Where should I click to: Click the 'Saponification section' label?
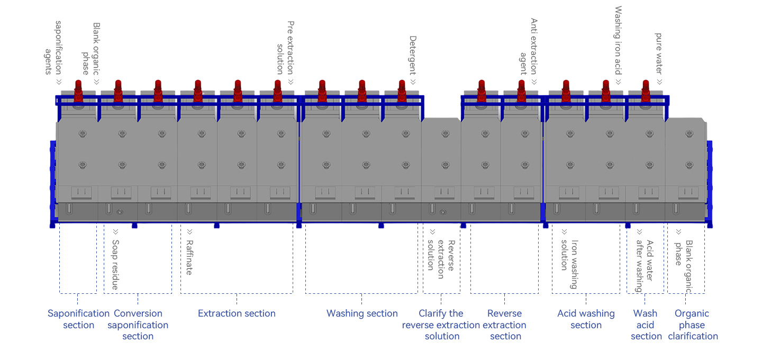(78, 319)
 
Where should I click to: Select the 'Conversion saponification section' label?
(138, 325)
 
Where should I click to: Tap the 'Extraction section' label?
(237, 313)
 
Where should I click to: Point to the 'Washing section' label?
(362, 313)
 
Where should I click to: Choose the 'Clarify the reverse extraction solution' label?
(441, 325)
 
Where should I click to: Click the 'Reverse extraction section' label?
(505, 325)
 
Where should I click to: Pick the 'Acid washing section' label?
(586, 319)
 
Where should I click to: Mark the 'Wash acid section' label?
(646, 325)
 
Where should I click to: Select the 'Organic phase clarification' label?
(693, 325)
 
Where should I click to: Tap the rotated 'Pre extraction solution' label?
(286, 48)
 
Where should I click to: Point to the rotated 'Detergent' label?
(413, 56)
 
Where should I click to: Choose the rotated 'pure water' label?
(659, 53)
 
